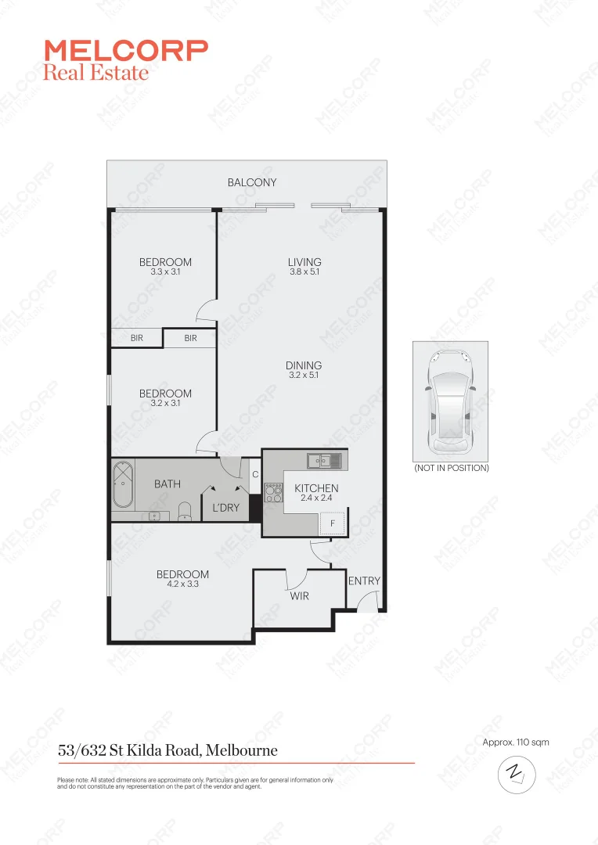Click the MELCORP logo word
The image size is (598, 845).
126,51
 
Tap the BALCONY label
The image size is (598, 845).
252,182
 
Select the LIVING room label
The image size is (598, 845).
304,262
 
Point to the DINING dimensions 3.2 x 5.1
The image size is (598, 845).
304,376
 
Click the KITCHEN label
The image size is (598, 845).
316,488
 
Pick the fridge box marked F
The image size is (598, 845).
332,523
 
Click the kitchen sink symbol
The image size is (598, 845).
324,461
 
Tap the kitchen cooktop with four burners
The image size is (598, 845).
274,493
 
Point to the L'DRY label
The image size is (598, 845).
226,508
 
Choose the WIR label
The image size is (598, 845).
299,596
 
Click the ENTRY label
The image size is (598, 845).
364,581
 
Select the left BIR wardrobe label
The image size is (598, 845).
136,338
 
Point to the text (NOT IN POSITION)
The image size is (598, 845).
451,468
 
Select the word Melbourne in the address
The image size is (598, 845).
242,750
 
